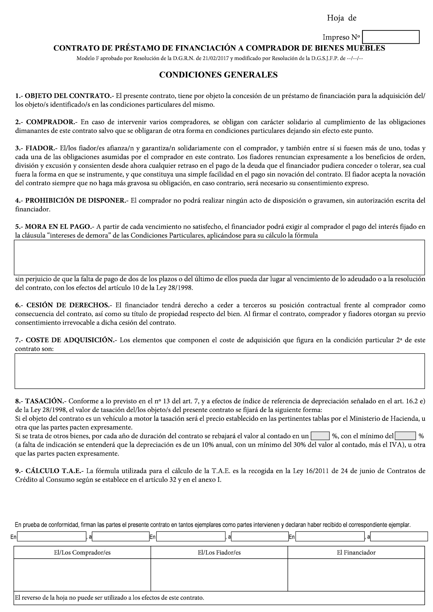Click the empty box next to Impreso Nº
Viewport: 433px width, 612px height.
[391, 37]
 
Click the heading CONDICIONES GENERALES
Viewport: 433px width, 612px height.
[218, 75]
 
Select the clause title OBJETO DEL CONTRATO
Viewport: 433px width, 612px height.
[68, 96]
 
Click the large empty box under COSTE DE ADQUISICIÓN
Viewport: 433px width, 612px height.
[219, 371]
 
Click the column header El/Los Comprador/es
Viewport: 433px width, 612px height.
[82, 552]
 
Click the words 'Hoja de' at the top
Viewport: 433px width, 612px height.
[341, 18]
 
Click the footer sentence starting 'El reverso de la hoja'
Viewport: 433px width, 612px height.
[109, 598]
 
